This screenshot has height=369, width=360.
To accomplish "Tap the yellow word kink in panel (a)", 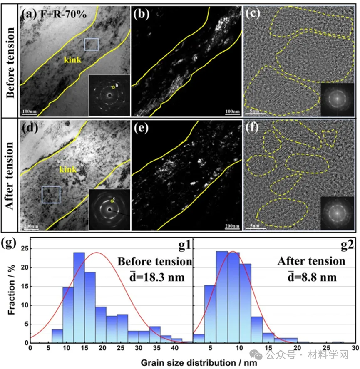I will tap(72, 60).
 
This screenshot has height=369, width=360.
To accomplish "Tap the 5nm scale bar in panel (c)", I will tap(253, 111).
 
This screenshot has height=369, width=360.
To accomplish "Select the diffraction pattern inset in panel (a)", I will tap(109, 95).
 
